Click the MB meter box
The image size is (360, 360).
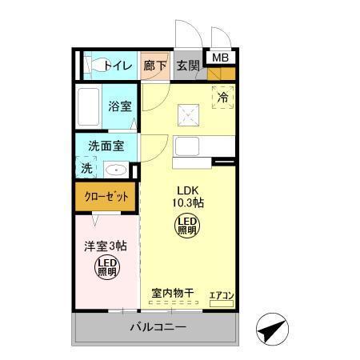point(219,57)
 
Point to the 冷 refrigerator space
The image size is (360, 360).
point(223,96)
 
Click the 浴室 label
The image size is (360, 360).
point(120,106)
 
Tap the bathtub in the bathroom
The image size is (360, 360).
point(88,106)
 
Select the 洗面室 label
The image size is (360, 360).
point(107,147)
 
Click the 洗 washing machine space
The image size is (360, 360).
point(86,168)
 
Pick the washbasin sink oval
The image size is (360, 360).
point(116,169)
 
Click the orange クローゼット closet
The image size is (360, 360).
point(106,197)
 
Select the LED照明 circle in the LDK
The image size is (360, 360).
point(186,225)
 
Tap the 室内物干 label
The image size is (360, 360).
point(173,294)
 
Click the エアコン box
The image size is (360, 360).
point(221,297)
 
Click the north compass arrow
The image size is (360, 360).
point(273,329)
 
